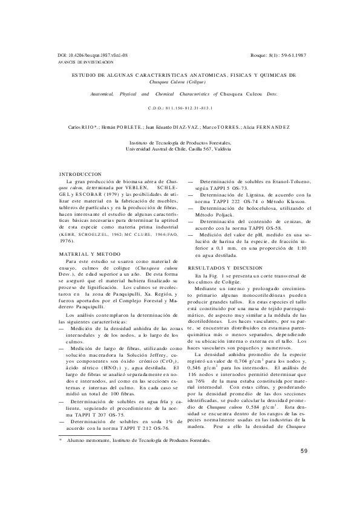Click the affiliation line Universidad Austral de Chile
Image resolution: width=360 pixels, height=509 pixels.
pyautogui.click(x=180, y=148)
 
